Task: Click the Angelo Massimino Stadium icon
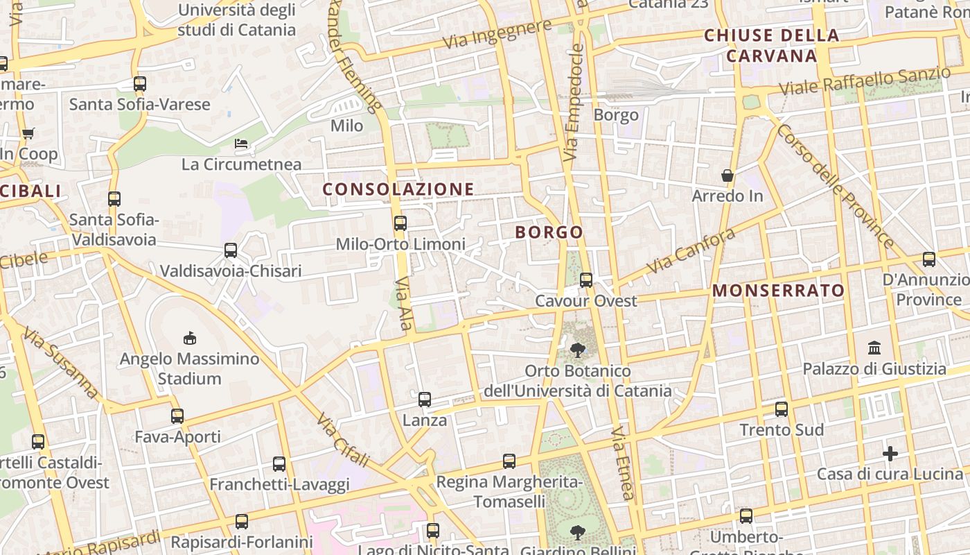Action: (x=189, y=338)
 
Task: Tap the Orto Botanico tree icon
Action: (x=577, y=350)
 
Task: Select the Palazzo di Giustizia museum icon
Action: (x=874, y=348)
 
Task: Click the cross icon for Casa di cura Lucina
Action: (x=890, y=454)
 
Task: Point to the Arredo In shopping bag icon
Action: (x=727, y=176)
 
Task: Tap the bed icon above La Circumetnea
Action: (x=241, y=144)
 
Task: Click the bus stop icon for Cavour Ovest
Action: (x=586, y=280)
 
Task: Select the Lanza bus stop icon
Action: (x=425, y=400)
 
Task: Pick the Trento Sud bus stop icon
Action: (x=782, y=409)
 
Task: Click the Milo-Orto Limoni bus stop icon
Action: (x=400, y=223)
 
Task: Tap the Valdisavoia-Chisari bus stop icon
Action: (x=231, y=250)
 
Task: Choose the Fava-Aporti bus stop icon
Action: (x=177, y=416)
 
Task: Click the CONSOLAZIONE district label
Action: (x=398, y=189)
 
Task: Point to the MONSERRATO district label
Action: (x=778, y=291)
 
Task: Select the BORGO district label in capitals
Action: (x=549, y=232)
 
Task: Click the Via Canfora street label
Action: (x=690, y=251)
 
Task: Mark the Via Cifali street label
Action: (x=342, y=440)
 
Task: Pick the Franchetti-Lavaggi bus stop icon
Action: (x=279, y=464)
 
